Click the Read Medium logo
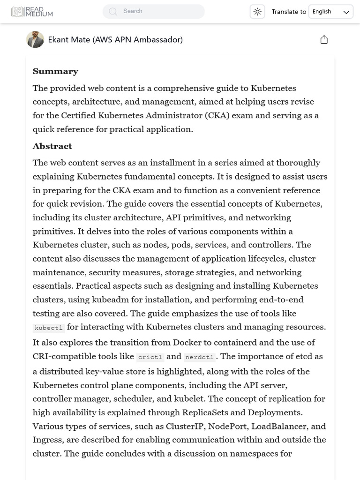32,12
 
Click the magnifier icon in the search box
113,11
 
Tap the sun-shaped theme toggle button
257,12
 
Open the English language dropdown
330,12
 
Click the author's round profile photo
35,40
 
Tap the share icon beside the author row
324,40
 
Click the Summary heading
55,71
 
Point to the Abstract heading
52,146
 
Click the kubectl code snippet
49,328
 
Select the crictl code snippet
150,357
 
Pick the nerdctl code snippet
199,357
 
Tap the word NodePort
227,426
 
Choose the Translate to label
289,12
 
